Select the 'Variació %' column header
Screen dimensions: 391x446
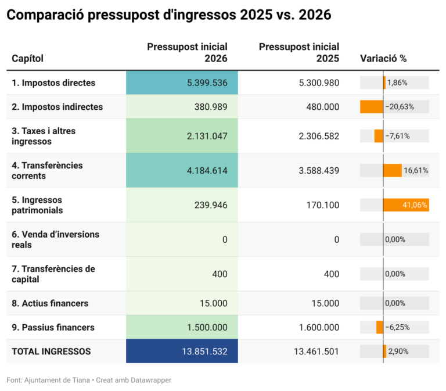[383, 58]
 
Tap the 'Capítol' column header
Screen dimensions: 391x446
[27, 58]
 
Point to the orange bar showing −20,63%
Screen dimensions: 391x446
[372, 107]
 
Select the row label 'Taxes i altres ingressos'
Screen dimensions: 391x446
[44, 136]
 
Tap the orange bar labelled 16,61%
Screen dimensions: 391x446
[393, 170]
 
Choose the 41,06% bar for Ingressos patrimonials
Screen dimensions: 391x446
[406, 205]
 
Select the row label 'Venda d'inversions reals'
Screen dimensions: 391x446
[55, 239]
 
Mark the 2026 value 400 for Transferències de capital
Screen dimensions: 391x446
[220, 274]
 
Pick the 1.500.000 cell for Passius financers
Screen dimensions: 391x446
[207, 327]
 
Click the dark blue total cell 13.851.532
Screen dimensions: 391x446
[203, 351]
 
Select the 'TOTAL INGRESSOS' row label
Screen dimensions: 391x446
[51, 351]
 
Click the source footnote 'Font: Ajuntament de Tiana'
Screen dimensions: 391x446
[48, 380]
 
